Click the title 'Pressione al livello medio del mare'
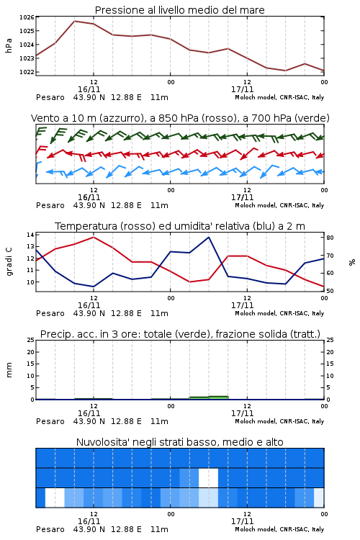(179, 10)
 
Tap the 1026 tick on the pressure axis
(27, 17)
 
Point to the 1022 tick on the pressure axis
(27, 72)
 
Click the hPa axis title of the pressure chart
(9, 45)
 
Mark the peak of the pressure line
(74, 21)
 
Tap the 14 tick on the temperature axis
(30, 235)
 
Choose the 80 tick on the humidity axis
(330, 238)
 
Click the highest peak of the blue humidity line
(208, 237)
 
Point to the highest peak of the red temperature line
(94, 237)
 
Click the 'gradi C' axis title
(9, 261)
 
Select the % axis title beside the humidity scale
(352, 262)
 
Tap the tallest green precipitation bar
(218, 397)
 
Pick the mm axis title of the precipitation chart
(9, 370)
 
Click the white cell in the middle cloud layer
(208, 477)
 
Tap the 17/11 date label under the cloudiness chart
(242, 521)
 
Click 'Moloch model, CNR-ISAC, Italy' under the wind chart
(279, 205)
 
